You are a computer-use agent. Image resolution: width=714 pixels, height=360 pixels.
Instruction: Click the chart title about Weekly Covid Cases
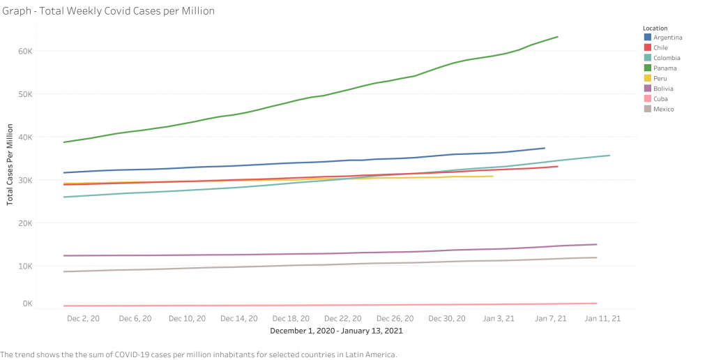[x=108, y=11]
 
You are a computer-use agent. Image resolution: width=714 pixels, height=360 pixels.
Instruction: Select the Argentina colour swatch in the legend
[x=648, y=38]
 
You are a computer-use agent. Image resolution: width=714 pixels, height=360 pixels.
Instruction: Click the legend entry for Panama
[x=663, y=68]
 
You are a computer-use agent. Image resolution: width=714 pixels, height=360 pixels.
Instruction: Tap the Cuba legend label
[x=660, y=99]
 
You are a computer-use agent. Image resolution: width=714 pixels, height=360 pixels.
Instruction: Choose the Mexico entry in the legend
[x=663, y=110]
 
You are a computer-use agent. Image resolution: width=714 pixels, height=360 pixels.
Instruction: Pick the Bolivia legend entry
[x=663, y=89]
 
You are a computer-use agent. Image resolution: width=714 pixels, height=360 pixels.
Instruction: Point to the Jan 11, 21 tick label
[x=602, y=318]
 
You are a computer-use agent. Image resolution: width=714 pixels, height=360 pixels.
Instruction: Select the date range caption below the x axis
[x=336, y=331]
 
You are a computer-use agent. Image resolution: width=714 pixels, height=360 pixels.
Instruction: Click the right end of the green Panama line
[x=557, y=36]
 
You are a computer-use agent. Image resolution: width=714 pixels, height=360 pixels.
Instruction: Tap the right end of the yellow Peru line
[x=493, y=176]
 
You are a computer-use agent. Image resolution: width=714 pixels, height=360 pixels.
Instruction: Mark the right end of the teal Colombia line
[x=609, y=155]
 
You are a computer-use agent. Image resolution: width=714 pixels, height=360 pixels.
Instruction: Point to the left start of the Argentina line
[x=64, y=172]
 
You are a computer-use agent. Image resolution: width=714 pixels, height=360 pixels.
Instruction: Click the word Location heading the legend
[x=655, y=28]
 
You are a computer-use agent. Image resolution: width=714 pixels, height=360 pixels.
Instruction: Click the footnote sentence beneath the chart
[x=199, y=354]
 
